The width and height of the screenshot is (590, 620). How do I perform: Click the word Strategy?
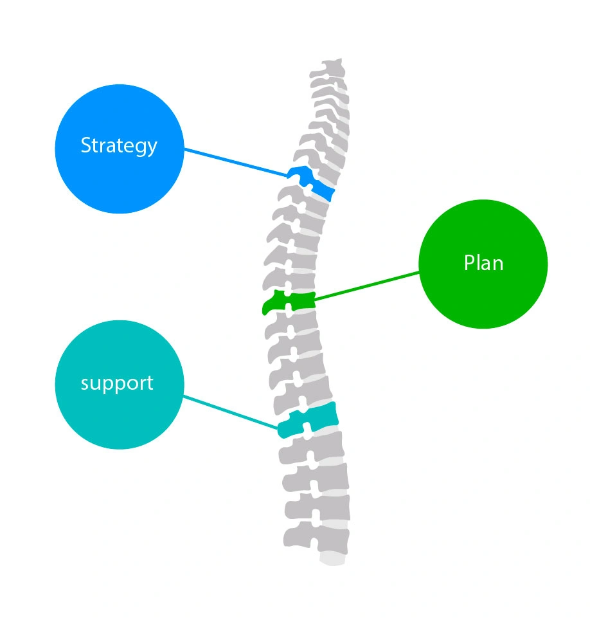tap(119, 146)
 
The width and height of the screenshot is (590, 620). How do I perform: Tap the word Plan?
tap(483, 263)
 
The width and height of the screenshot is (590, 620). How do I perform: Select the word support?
tap(117, 383)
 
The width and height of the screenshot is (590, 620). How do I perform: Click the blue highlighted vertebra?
tap(310, 183)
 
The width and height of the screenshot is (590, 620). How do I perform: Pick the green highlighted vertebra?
tap(289, 302)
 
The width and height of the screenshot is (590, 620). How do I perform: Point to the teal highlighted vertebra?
tap(308, 421)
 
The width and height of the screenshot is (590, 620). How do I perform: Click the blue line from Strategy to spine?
tap(236, 163)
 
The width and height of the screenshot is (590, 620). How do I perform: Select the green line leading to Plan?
tap(367, 286)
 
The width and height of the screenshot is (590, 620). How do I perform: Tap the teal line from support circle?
tap(231, 412)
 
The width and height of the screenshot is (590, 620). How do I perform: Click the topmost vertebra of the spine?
tap(328, 68)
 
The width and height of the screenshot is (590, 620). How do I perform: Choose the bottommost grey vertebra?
tap(316, 538)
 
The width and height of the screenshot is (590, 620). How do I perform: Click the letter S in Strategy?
tap(85, 145)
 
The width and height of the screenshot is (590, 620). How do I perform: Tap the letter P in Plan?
tap(469, 263)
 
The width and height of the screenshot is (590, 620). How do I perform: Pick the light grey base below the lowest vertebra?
tap(333, 559)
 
